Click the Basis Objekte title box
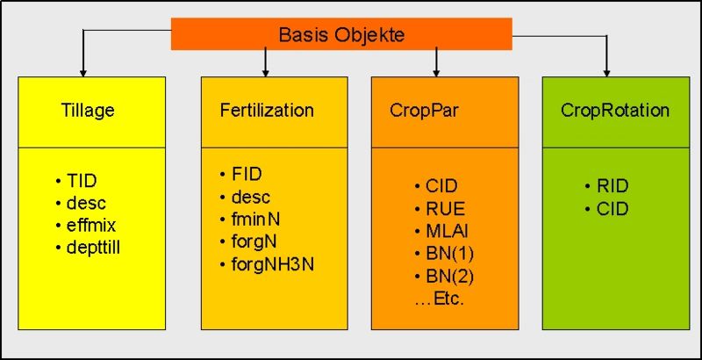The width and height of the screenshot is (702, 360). (x=341, y=35)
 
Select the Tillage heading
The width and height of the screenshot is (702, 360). (x=88, y=111)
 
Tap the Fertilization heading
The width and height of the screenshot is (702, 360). (x=266, y=111)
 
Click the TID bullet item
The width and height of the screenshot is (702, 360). (x=82, y=181)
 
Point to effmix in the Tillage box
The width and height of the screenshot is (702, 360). (x=92, y=225)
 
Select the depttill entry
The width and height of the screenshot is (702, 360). (x=95, y=247)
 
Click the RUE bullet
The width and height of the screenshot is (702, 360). (x=445, y=209)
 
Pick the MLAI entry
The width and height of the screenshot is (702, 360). (x=445, y=232)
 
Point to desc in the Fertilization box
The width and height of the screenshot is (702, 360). (x=251, y=196)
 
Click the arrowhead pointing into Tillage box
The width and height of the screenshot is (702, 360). (x=83, y=71)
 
